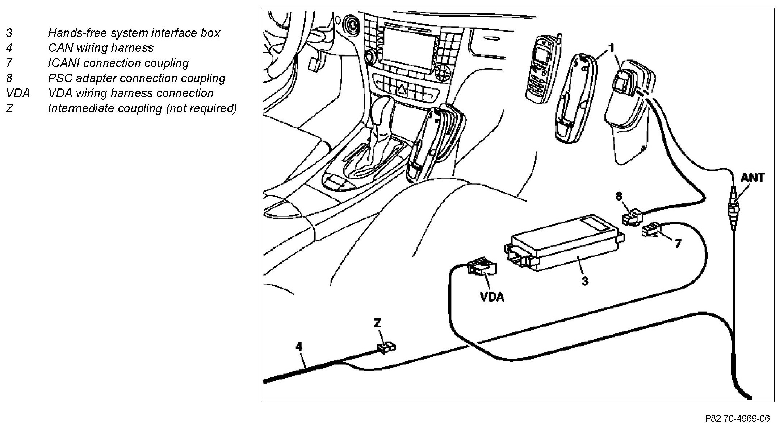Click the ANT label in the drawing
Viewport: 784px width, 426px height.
point(752,178)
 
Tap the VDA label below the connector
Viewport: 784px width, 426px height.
point(492,297)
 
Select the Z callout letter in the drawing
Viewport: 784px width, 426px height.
point(378,323)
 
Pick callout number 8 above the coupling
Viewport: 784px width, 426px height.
point(619,196)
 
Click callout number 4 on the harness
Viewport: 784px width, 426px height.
point(299,347)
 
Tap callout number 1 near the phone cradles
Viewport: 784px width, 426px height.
point(611,48)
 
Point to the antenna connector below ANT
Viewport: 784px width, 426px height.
point(734,210)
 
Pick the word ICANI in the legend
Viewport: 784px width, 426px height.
point(64,63)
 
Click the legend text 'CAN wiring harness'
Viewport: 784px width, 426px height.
point(101,48)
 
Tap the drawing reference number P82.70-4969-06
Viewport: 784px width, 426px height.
point(737,418)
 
